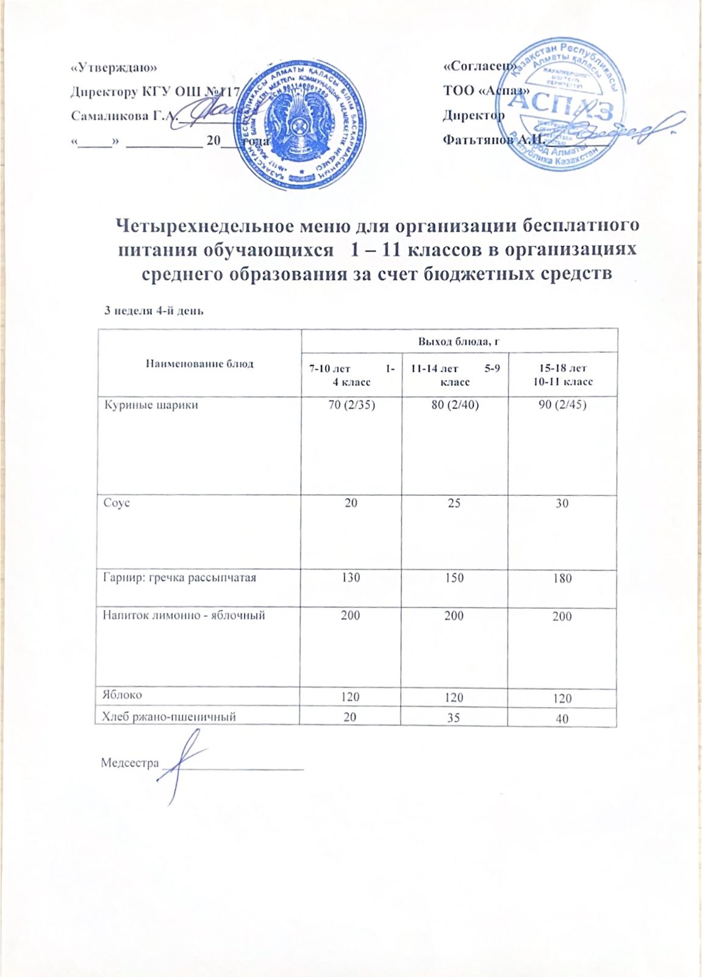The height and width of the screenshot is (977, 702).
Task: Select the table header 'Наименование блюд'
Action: pyautogui.click(x=199, y=364)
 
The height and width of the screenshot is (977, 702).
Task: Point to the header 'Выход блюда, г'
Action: pyautogui.click(x=459, y=341)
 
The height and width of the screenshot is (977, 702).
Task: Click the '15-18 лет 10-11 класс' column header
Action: pyautogui.click(x=562, y=375)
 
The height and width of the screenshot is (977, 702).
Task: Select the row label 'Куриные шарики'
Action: pyautogui.click(x=151, y=405)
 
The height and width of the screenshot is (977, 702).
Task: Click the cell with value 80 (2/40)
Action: pyautogui.click(x=454, y=404)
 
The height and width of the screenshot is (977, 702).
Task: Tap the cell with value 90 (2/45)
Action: pyautogui.click(x=562, y=404)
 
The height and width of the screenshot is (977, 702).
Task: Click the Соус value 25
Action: pyautogui.click(x=454, y=503)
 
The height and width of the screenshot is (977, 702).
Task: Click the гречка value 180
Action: pyautogui.click(x=562, y=578)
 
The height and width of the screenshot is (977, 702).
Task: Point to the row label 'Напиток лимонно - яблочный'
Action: pyautogui.click(x=184, y=616)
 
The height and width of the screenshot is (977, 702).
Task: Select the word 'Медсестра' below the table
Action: pyautogui.click(x=129, y=763)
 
